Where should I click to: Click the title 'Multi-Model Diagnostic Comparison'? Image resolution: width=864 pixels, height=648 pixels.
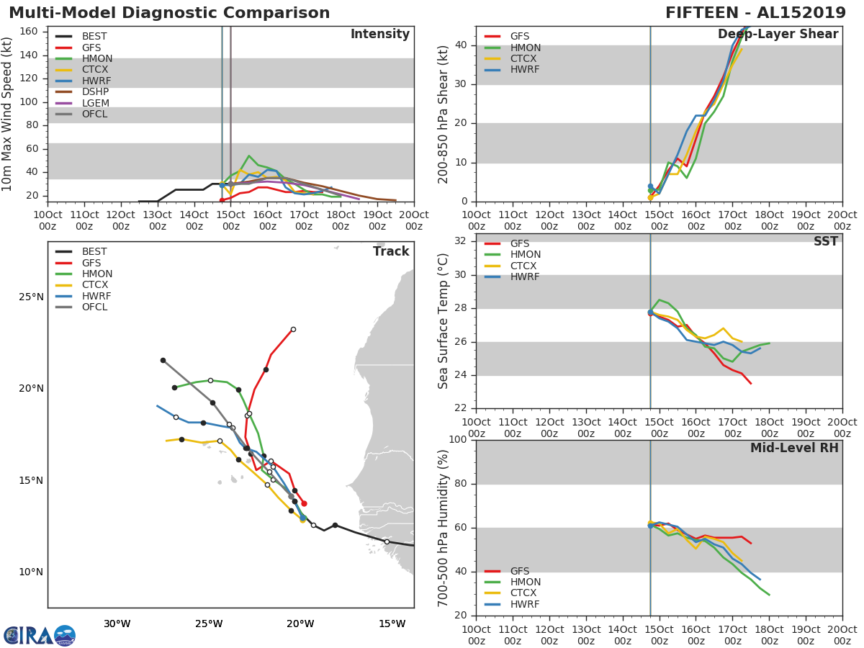coord(169,13)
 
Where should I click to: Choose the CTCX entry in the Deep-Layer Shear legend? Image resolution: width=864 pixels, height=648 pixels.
coord(524,58)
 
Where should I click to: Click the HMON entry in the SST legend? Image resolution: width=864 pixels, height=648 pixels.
coord(525,255)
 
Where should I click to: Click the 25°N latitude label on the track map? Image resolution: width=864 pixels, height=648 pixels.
coord(31,297)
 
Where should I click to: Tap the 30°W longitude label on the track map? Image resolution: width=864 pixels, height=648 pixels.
coord(117,624)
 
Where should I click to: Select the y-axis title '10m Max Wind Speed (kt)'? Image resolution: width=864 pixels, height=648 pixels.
coord(8,115)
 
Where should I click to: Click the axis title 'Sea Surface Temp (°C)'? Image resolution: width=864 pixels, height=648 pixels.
coord(444,321)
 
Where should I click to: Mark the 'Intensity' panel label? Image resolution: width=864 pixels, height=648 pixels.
coord(379,35)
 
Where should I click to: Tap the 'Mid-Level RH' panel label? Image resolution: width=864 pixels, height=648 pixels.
coord(794,449)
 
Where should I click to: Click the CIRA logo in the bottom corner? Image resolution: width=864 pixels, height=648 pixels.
coord(40,636)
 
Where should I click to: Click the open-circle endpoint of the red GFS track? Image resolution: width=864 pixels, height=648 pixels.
coord(293,329)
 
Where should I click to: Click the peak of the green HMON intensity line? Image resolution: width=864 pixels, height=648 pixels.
coord(249,156)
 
